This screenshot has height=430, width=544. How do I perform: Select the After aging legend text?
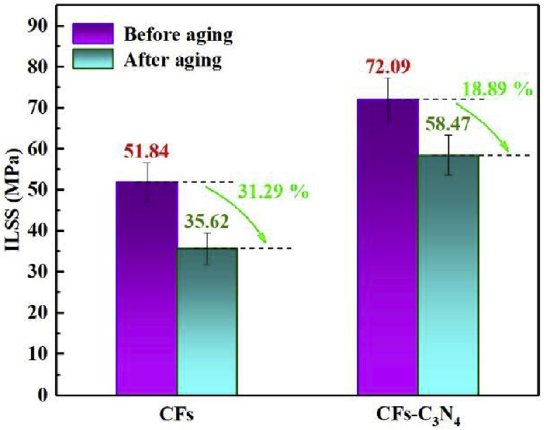coord(173,60)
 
